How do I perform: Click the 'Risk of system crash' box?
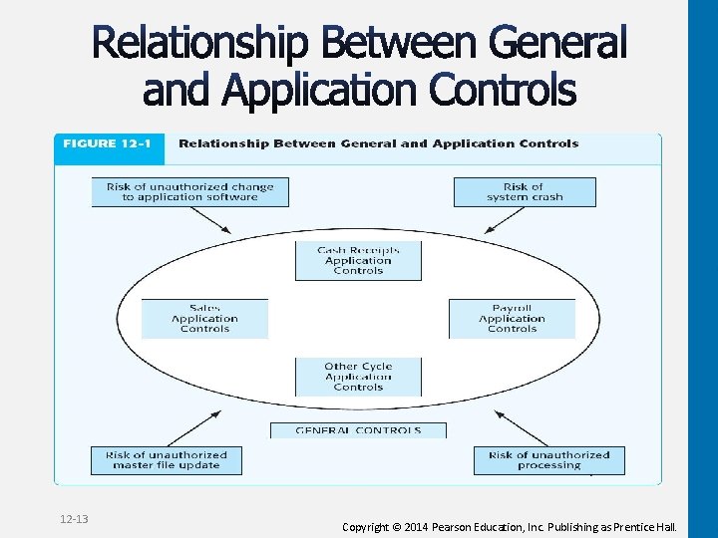525,191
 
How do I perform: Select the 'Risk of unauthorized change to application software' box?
189,191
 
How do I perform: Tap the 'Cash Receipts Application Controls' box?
358,260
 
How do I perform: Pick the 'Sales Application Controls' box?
204,319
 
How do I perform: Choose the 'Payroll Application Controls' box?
512,319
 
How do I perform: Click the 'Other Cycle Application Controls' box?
358,377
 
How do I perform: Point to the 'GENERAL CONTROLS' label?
358,430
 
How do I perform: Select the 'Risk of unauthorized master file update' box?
167,460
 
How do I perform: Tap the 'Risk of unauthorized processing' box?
548,460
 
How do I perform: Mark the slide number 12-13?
74,519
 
